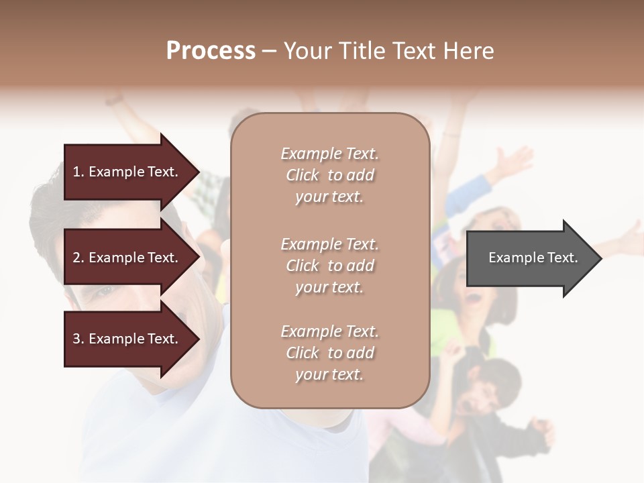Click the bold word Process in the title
point(211,51)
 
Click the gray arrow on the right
point(530,258)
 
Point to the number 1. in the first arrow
point(78,172)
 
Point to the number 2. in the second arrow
point(78,258)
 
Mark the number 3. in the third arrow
point(78,339)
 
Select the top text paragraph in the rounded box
point(329,175)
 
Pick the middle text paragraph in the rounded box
point(329,266)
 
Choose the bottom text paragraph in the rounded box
point(329,353)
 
